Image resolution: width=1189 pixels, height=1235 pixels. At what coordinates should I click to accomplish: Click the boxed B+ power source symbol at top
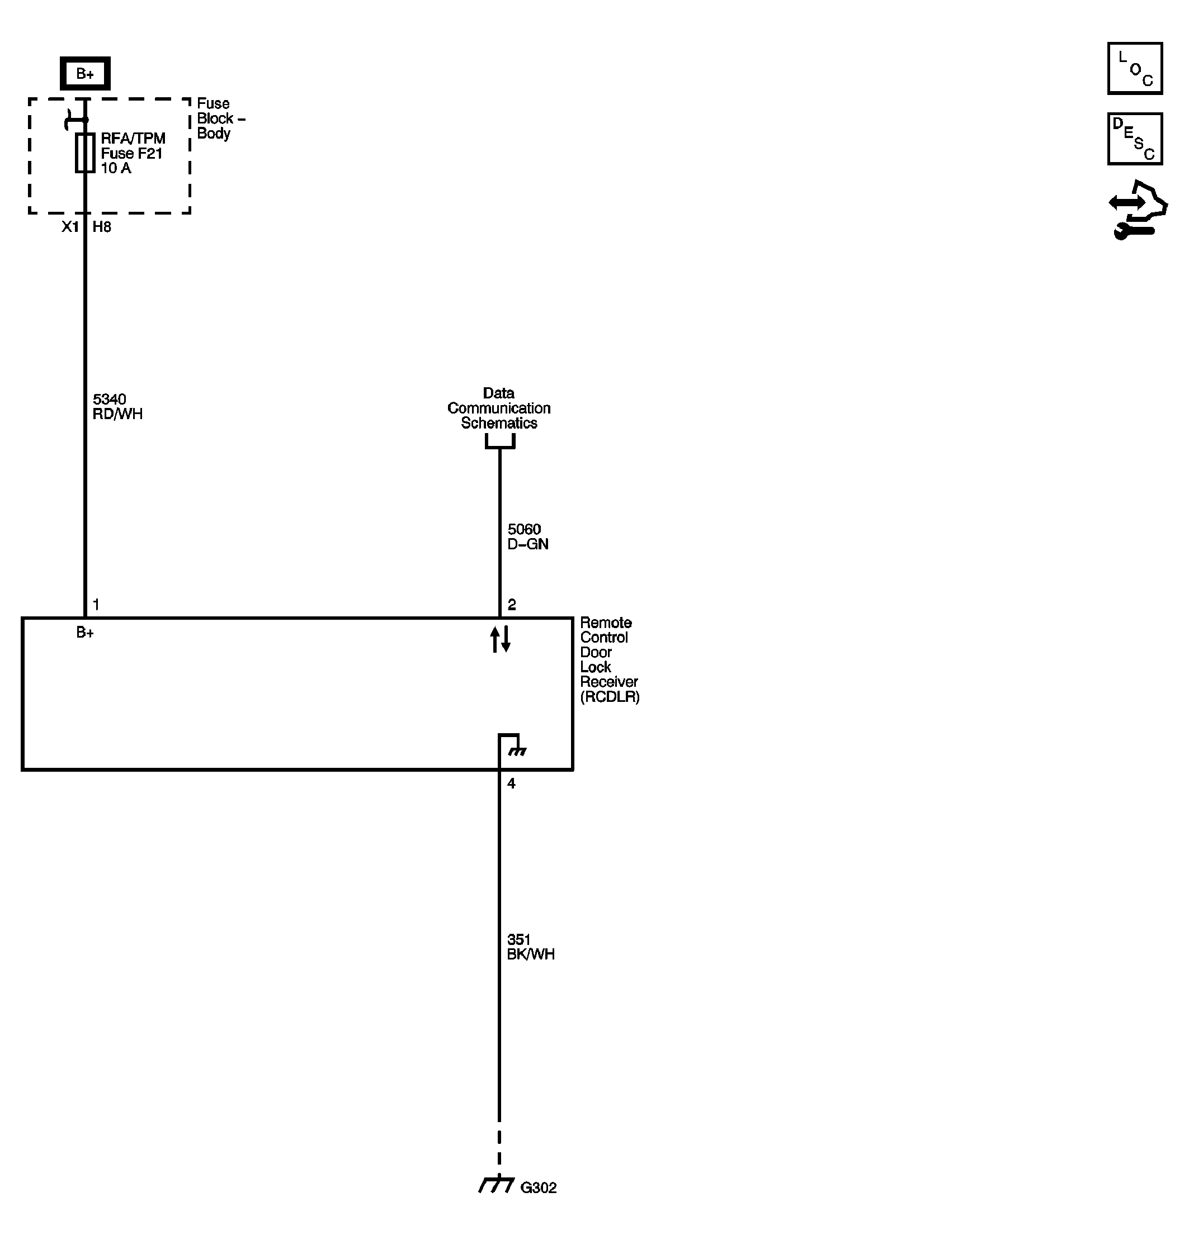pyautogui.click(x=85, y=74)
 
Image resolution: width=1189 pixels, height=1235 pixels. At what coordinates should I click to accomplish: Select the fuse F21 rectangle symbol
pyautogui.click(x=85, y=153)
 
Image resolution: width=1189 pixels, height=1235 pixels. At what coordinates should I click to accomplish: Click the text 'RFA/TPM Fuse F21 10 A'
pyautogui.click(x=133, y=153)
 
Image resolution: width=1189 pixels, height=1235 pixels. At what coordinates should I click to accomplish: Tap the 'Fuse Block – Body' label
pyautogui.click(x=220, y=118)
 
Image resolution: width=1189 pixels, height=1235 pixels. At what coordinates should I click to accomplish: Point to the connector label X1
pyautogui.click(x=70, y=227)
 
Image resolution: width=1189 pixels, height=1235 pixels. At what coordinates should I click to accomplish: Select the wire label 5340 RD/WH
pyautogui.click(x=117, y=406)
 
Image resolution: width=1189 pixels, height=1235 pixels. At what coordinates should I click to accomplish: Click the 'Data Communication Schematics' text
pyautogui.click(x=499, y=408)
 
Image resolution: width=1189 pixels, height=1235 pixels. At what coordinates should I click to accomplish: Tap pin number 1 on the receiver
pyautogui.click(x=96, y=605)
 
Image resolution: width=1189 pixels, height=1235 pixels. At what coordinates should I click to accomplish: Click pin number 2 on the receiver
pyautogui.click(x=512, y=605)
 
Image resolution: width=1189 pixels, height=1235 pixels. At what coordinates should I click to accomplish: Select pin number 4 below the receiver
pyautogui.click(x=511, y=783)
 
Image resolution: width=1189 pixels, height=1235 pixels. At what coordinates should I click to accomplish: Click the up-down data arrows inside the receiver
pyautogui.click(x=500, y=639)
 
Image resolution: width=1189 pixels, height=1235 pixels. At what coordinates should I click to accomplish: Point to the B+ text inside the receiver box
pyautogui.click(x=85, y=633)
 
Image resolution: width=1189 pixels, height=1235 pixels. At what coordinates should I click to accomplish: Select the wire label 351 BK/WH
pyautogui.click(x=530, y=947)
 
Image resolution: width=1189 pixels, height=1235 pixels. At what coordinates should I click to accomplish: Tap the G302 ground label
pyautogui.click(x=539, y=1187)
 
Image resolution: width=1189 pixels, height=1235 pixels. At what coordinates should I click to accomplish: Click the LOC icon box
pyautogui.click(x=1135, y=69)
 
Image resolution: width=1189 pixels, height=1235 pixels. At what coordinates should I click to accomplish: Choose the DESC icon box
pyautogui.click(x=1135, y=139)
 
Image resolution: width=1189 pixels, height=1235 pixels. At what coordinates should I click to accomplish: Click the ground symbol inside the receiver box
pyautogui.click(x=516, y=751)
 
